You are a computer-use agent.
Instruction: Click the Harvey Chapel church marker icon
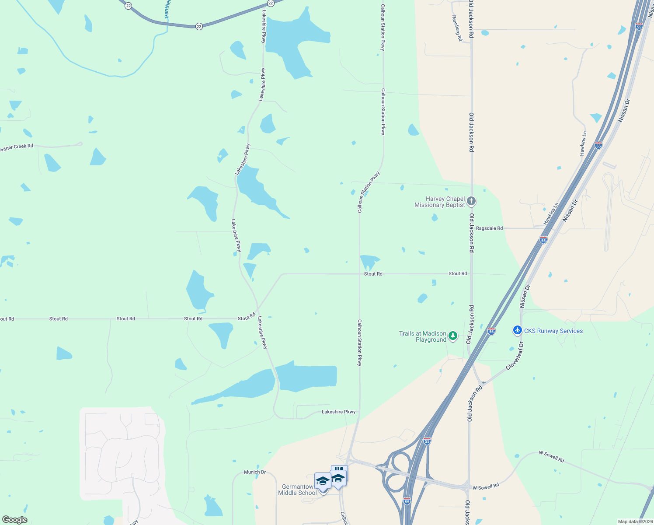pos(471,201)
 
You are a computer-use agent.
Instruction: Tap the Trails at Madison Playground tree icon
pos(453,336)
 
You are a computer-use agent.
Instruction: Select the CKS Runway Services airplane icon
pos(518,330)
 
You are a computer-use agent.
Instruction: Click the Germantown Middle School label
pos(298,490)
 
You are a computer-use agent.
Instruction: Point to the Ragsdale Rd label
pos(489,228)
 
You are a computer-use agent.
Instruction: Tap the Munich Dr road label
pos(255,472)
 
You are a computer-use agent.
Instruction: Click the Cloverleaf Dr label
pos(515,356)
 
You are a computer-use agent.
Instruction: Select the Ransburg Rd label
pos(457,28)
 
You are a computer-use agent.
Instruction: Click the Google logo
pos(15,520)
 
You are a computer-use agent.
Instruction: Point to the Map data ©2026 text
pos(634,521)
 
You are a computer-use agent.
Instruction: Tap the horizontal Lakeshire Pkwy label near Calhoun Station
pos(338,412)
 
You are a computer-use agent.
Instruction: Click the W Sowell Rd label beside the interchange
pos(486,486)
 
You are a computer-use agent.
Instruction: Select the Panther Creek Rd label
pos(17,147)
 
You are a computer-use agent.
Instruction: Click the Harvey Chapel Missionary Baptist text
pos(439,202)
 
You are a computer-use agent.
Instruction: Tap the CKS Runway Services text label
pos(553,331)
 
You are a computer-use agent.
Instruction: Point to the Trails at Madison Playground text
pos(423,336)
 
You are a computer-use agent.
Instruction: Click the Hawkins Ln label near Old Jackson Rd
pos(551,213)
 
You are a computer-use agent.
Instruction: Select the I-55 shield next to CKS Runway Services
pos(491,331)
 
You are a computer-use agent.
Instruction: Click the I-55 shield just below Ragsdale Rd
pos(543,240)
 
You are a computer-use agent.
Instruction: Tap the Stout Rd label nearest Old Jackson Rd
pos(458,273)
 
